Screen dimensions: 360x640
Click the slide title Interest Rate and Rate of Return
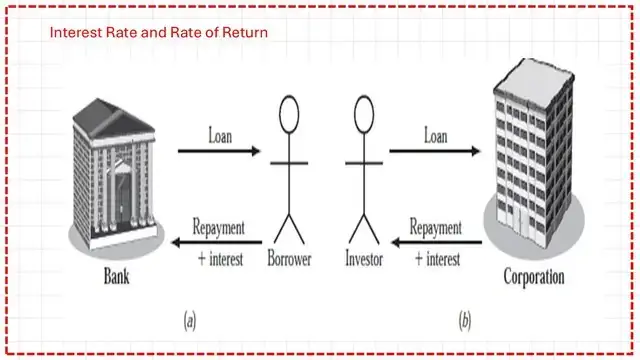point(159,33)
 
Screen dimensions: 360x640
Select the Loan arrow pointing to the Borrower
point(219,152)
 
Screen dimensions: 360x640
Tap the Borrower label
point(290,261)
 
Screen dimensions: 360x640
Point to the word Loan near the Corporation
point(435,133)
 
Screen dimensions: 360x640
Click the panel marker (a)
point(190,320)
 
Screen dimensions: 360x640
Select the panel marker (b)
point(464,320)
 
